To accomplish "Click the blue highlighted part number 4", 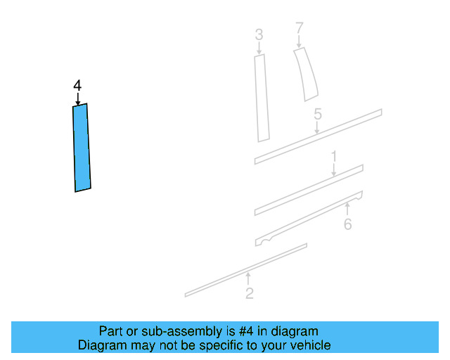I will click(x=82, y=148).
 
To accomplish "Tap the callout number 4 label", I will click(x=77, y=86).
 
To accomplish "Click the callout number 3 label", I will click(x=259, y=34).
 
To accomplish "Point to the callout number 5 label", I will click(x=318, y=114).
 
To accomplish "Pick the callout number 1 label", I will click(x=334, y=155).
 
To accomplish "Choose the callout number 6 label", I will click(x=347, y=224).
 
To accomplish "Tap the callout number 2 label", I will click(x=250, y=294).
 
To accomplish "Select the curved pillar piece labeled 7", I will click(x=306, y=74).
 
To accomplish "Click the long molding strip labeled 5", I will click(x=318, y=136).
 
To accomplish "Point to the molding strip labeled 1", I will click(x=309, y=189).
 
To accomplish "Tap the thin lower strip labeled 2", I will click(x=246, y=269).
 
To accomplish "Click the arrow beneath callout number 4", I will click(x=77, y=98).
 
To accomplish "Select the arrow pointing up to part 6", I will click(x=347, y=209).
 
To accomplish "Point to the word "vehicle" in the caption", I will click(x=310, y=345).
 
